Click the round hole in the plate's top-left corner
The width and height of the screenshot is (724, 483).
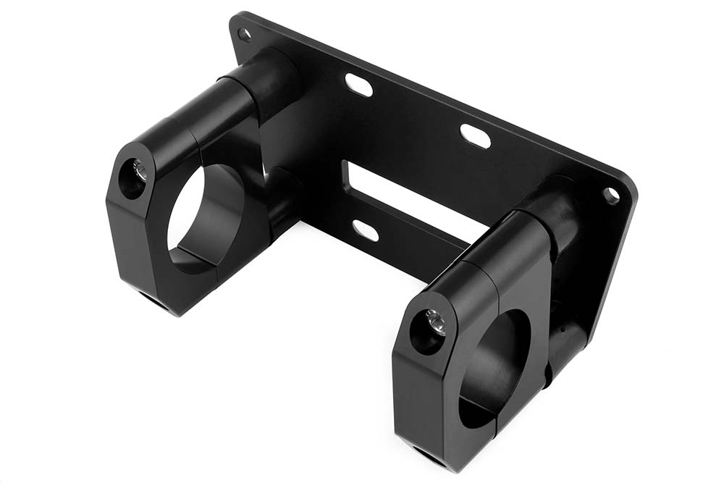click(245, 33)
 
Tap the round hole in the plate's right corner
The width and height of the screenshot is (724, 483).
click(611, 194)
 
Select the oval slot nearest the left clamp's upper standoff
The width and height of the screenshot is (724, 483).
click(359, 85)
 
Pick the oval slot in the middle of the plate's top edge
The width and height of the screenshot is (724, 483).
click(475, 136)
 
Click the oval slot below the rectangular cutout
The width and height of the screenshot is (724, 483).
click(365, 230)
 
